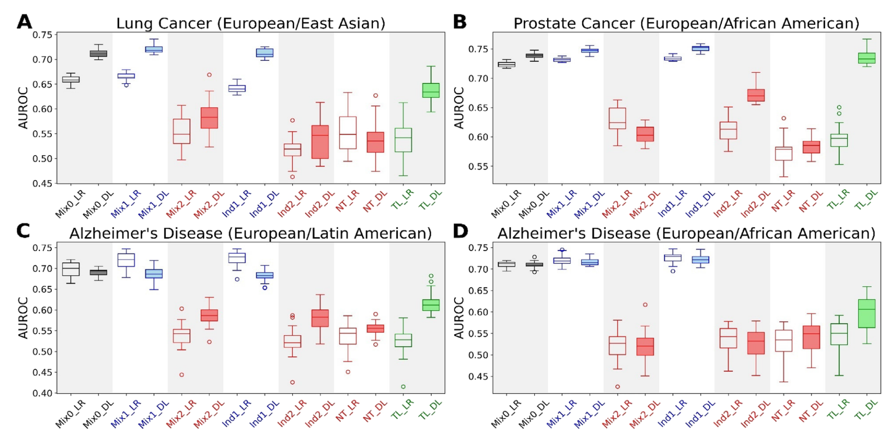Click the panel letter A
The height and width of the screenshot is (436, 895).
pos(24,22)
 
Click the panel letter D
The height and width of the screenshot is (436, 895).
pos(460,231)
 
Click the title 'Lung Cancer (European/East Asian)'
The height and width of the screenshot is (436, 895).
pos(251,23)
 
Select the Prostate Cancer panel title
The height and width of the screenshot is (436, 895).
pos(686,23)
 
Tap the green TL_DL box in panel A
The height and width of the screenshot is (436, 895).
pos(431,90)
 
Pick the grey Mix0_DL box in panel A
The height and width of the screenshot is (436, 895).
pos(98,54)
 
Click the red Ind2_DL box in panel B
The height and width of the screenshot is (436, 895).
pos(756,95)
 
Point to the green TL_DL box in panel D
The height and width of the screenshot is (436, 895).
pos(866,313)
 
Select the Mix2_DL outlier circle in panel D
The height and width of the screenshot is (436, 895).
pos(645,305)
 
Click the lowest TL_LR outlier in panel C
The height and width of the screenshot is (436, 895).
pos(403,386)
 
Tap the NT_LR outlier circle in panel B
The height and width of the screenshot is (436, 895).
pos(783,118)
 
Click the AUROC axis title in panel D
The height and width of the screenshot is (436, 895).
pos(459,318)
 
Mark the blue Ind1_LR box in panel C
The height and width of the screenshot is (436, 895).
pos(237,258)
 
